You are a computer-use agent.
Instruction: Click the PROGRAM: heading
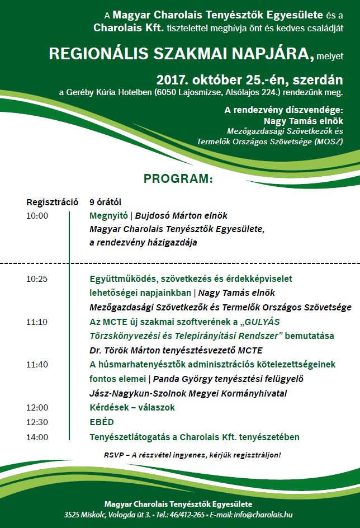pos(178,179)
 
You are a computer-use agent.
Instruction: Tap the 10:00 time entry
pos(37,215)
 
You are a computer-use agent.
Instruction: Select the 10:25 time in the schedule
pos(37,278)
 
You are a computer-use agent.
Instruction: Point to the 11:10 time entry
pos(37,322)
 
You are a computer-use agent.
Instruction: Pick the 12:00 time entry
pos(37,408)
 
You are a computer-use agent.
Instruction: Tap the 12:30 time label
pos(37,422)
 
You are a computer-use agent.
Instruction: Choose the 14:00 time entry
pos(37,437)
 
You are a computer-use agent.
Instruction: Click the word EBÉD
pos(101,422)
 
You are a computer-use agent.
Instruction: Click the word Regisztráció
pos(52,201)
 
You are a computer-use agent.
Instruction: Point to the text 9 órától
pos(105,201)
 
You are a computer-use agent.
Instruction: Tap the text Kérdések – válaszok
pos(132,408)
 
